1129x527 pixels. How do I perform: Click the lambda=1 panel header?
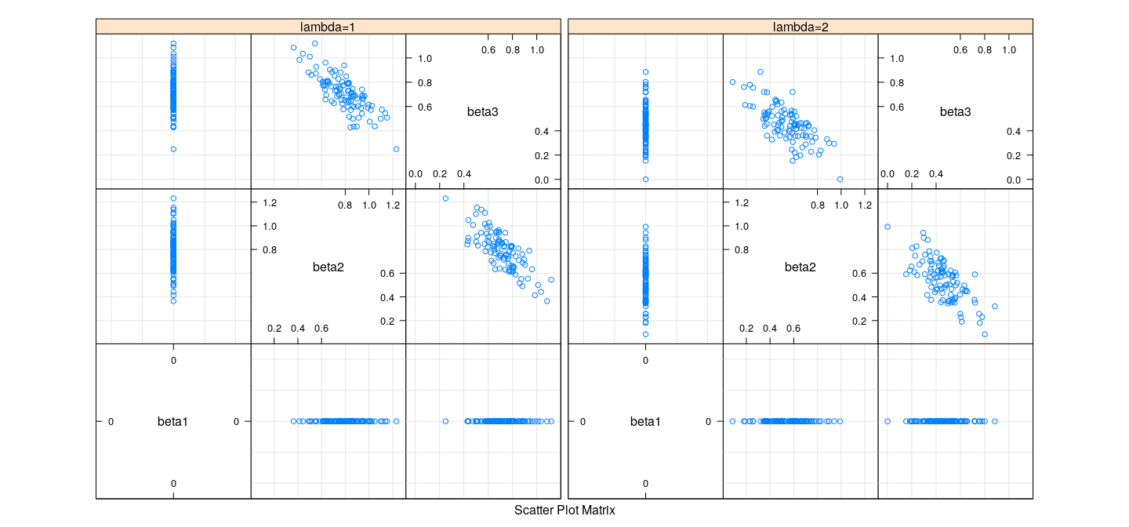pos(329,27)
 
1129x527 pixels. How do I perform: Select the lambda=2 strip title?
pos(800,27)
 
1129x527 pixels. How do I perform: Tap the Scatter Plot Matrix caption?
pos(564,511)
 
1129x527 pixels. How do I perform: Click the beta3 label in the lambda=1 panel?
pos(483,112)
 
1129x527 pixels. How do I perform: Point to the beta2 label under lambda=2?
pos(800,267)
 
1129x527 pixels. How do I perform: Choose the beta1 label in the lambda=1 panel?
pos(172,422)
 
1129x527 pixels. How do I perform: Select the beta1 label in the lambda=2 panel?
pos(645,422)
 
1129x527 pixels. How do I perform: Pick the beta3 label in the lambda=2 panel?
pos(955,112)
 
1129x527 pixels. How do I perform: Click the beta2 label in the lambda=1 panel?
pos(329,267)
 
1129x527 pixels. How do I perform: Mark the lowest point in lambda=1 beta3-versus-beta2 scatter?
pos(396,149)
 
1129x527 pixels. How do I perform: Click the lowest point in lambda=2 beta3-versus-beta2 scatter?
pos(840,180)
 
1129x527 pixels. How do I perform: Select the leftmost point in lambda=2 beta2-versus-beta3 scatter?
pos(888,227)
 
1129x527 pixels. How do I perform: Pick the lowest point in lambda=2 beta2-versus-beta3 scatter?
pos(985,334)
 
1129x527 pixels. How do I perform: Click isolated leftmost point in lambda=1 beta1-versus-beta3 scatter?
pos(445,421)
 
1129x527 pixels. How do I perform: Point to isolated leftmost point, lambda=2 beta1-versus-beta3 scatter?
pos(888,421)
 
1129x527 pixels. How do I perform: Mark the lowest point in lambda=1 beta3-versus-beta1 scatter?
pos(173,149)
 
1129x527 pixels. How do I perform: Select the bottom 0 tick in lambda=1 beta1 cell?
pos(173,483)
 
